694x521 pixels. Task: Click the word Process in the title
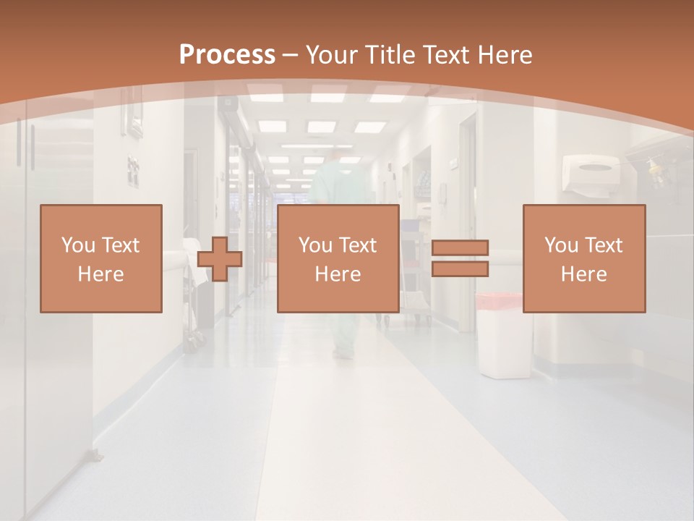tap(227, 54)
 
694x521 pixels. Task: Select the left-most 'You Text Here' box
tap(101, 258)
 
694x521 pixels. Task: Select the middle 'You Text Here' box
tap(338, 258)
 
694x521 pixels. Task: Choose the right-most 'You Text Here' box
tap(584, 258)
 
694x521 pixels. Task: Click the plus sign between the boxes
tap(219, 258)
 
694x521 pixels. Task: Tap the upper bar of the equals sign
tap(460, 248)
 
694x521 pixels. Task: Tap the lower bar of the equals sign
tap(460, 268)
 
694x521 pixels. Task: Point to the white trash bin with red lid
tap(498, 336)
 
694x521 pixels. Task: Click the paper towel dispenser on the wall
tap(593, 173)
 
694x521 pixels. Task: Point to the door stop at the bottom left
tap(95, 455)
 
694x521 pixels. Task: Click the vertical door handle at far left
tap(32, 145)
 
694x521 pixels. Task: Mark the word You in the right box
tap(561, 245)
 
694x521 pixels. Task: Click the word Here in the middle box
tap(338, 274)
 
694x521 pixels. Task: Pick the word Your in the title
tap(335, 54)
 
